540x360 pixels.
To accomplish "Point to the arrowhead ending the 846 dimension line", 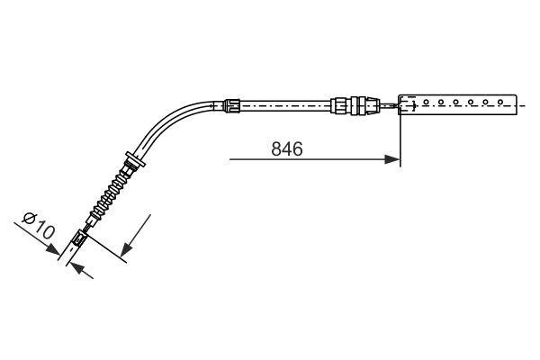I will pyautogui.click(x=393, y=160).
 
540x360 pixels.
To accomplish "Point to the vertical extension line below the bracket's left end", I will pyautogui.click(x=400, y=144).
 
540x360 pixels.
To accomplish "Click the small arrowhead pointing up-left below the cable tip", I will pyautogui.click(x=76, y=266).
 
